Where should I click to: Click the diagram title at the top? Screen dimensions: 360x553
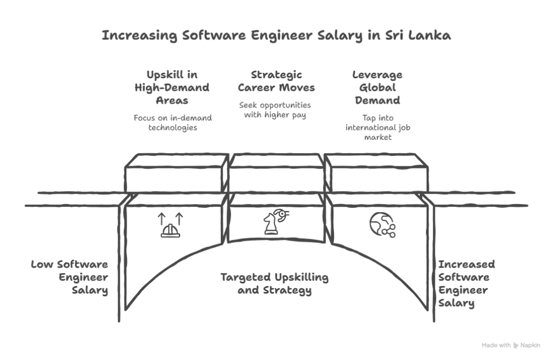tap(276, 37)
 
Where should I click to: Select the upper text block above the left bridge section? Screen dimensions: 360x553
tap(173, 86)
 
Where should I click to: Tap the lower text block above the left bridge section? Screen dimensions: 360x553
tap(173, 122)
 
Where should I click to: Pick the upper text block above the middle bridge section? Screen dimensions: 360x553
tap(276, 81)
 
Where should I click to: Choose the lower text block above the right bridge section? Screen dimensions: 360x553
tap(378, 128)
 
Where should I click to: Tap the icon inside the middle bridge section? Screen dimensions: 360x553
tap(276, 223)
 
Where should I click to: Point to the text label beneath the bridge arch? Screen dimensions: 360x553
tap(276, 284)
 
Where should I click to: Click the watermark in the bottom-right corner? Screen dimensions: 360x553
tap(511, 345)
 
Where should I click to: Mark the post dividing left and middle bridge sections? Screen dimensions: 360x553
tap(227, 200)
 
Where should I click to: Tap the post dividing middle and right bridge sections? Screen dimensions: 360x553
tap(332, 200)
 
